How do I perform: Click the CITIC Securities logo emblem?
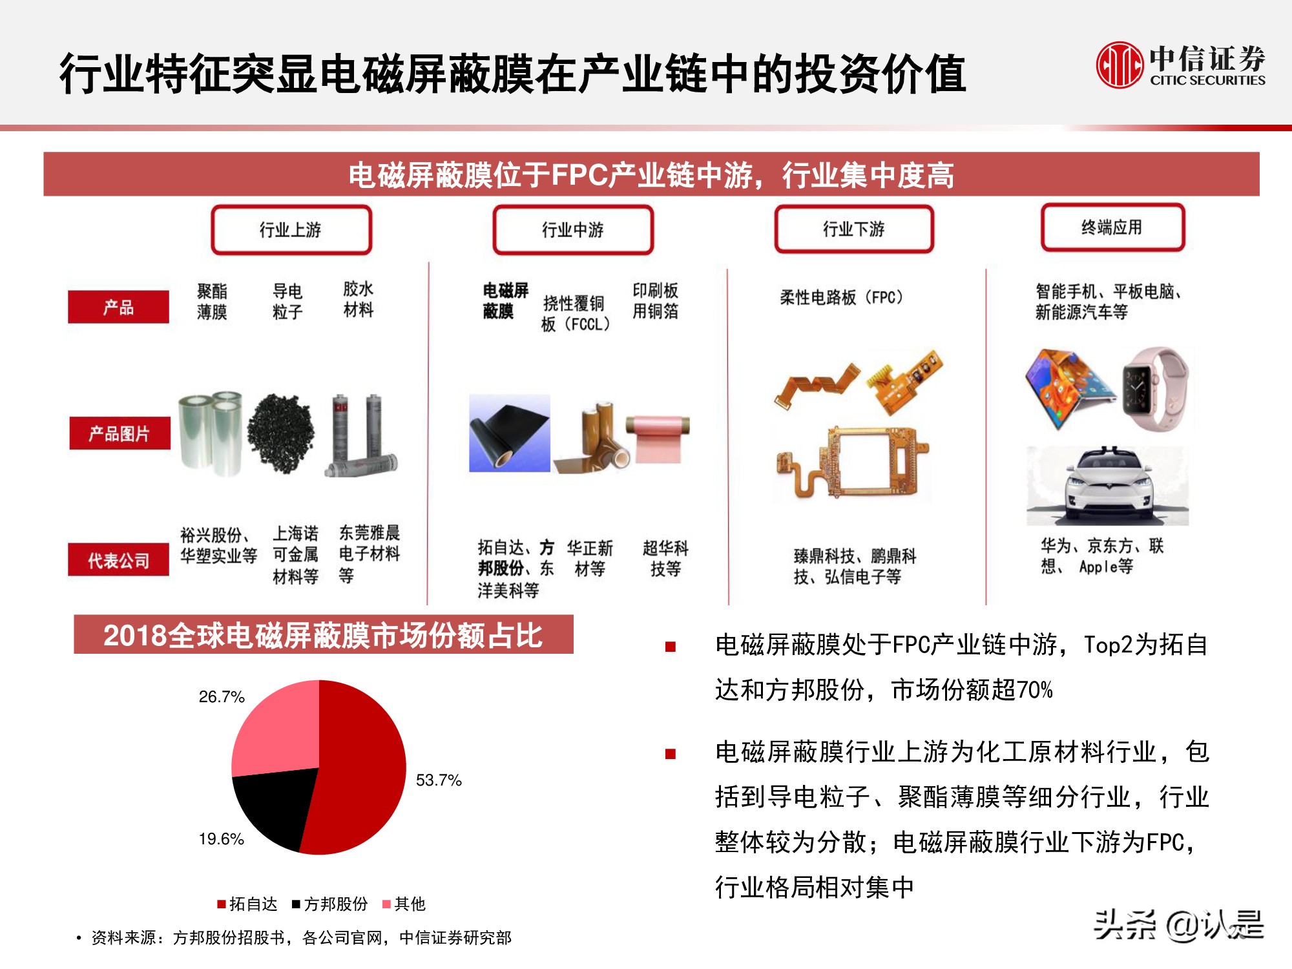pyautogui.click(x=1119, y=65)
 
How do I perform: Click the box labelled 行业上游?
pyautogui.click(x=291, y=229)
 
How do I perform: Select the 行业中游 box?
pyautogui.click(x=572, y=229)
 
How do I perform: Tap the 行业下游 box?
pyautogui.click(x=853, y=229)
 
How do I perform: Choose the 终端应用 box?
pyautogui.click(x=1112, y=227)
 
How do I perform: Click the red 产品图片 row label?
pyautogui.click(x=120, y=433)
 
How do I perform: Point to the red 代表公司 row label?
pyautogui.click(x=118, y=559)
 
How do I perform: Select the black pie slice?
pyautogui.click(x=275, y=804)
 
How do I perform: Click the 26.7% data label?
pyautogui.click(x=222, y=697)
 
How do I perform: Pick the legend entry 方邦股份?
pyautogui.click(x=330, y=904)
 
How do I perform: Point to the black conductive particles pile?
pyautogui.click(x=281, y=433)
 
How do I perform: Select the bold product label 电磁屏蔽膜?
pyautogui.click(x=505, y=300)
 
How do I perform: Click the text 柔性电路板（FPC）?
pyautogui.click(x=841, y=297)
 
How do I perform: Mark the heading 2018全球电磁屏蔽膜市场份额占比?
pyautogui.click(x=323, y=635)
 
